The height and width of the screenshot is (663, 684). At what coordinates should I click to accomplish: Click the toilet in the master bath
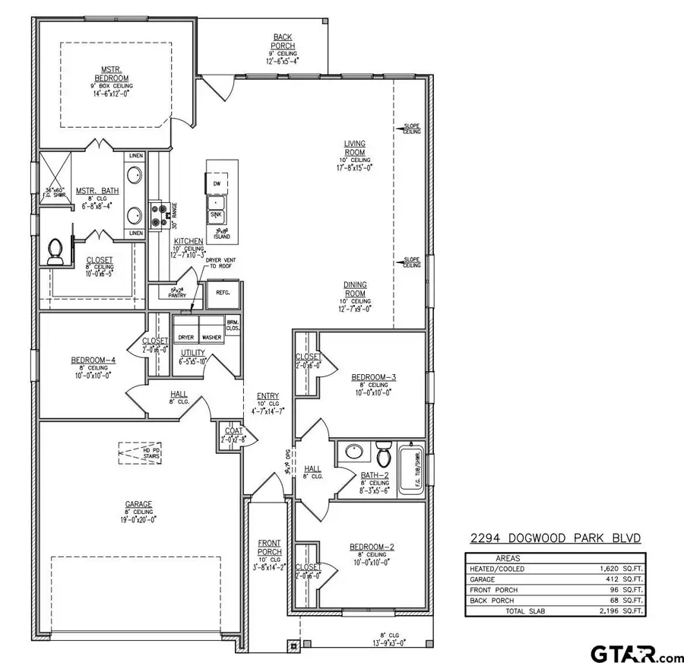coord(55,252)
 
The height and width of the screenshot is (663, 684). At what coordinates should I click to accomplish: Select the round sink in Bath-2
coord(354,452)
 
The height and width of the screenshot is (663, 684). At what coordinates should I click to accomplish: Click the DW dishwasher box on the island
coord(216,184)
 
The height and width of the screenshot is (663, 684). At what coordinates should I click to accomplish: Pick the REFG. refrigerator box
coord(223,292)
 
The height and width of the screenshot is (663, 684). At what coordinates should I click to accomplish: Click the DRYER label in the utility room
coord(185,337)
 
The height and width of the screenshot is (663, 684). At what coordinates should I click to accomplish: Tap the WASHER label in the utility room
coord(212,337)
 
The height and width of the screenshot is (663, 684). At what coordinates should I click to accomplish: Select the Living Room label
coord(355,148)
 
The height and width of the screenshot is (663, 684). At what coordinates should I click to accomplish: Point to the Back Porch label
coord(283,41)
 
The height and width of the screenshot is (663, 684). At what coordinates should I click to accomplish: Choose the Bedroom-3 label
coord(374,377)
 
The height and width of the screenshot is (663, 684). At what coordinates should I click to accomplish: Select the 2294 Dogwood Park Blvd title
coord(553,539)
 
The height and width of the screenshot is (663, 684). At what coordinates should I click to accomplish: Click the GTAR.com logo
coord(637,652)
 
